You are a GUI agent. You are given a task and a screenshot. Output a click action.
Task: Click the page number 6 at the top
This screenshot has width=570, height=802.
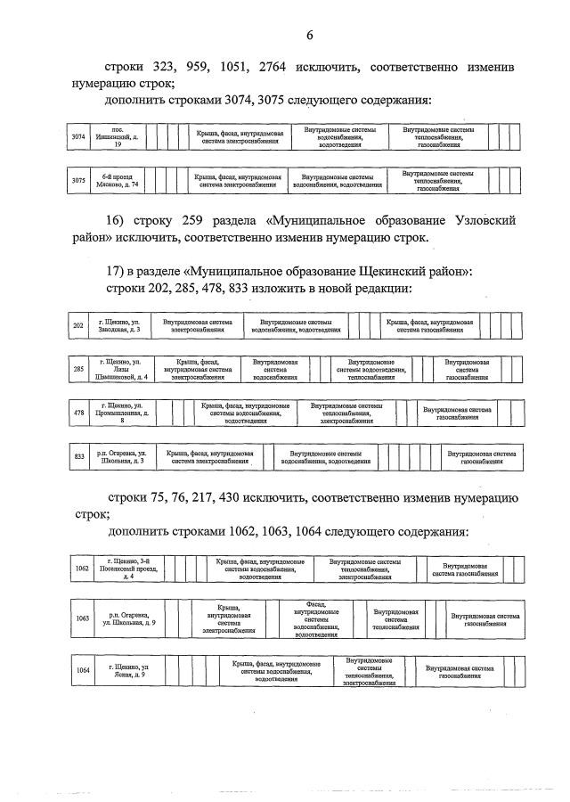click(309, 36)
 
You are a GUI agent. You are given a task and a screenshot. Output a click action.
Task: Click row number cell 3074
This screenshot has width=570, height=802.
click(78, 137)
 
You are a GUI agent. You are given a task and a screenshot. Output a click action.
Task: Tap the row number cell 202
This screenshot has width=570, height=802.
click(78, 325)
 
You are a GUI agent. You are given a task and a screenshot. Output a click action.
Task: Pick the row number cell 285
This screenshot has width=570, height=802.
click(78, 369)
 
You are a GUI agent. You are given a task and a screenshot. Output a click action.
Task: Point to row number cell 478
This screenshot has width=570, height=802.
click(78, 413)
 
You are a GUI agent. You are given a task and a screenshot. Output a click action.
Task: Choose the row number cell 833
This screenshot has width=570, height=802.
click(78, 456)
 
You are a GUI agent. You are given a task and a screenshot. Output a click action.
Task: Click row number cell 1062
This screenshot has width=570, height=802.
click(82, 568)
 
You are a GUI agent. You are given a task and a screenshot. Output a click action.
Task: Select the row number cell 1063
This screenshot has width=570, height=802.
click(83, 618)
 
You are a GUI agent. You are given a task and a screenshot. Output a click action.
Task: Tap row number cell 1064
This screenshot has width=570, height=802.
click(83, 670)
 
